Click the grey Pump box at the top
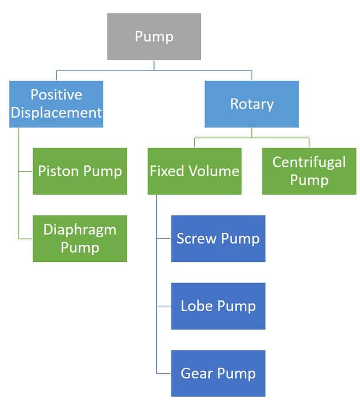tap(154, 36)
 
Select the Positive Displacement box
tap(56, 104)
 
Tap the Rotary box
tap(251, 104)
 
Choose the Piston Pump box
tap(80, 171)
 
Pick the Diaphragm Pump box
tap(80, 239)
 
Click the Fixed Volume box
tap(195, 171)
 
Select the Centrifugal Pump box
tap(309, 171)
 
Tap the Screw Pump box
tap(218, 239)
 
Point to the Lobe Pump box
tap(218, 306)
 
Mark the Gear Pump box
tap(218, 374)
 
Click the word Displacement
tap(56, 113)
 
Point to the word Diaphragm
tap(80, 230)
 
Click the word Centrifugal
tap(309, 162)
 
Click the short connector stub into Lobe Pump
tap(164, 306)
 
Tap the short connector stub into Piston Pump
tap(25, 171)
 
